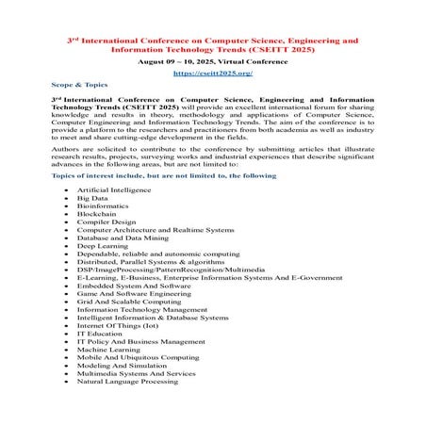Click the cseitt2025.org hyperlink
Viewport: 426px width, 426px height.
point(212,73)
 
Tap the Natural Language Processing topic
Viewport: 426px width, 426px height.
point(127,383)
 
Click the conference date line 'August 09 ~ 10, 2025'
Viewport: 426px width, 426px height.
point(212,58)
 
